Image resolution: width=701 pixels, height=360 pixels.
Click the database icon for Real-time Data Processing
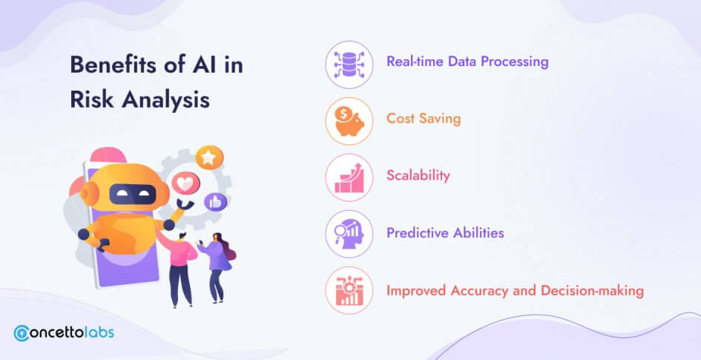[x=349, y=65]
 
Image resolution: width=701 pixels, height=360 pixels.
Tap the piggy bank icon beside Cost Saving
[x=349, y=121]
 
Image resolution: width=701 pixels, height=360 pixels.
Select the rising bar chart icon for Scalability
[x=349, y=177]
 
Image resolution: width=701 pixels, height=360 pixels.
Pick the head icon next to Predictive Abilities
[x=349, y=234]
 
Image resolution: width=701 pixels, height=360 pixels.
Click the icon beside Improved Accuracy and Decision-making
[x=349, y=290]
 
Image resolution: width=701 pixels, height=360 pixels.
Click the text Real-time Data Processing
[x=467, y=62]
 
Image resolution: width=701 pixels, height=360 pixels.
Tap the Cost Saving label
[x=424, y=119]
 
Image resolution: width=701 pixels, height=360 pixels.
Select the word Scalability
[x=418, y=175]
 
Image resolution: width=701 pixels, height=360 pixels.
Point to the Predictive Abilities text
[x=445, y=232]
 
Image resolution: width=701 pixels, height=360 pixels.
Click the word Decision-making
[x=593, y=291]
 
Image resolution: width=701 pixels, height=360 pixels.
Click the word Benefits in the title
[x=118, y=65]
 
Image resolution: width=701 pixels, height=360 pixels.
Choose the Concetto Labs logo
[x=64, y=333]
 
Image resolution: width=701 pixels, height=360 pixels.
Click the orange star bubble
[x=209, y=158]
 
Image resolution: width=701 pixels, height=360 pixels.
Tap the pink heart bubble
[x=186, y=183]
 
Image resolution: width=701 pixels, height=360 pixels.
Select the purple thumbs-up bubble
[x=215, y=202]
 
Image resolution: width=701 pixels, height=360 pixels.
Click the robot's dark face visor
[x=133, y=194]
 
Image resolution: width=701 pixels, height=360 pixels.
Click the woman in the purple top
[x=217, y=267]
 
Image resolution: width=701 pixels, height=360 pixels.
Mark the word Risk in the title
[x=92, y=99]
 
